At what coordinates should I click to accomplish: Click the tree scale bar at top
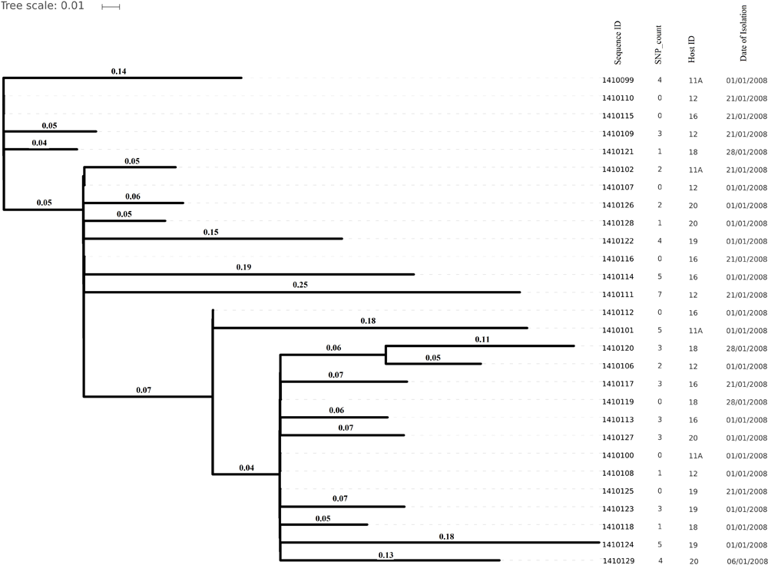click(x=111, y=7)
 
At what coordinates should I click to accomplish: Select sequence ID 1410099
click(x=617, y=80)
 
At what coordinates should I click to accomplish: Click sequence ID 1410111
click(x=617, y=295)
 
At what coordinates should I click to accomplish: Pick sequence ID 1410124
click(x=617, y=524)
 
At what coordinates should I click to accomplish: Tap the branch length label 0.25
click(x=300, y=285)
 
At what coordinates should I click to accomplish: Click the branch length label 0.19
click(x=244, y=267)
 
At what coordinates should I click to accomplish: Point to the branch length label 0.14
click(x=118, y=71)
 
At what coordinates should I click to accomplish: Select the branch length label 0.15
click(x=211, y=232)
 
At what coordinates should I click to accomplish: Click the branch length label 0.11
click(x=482, y=339)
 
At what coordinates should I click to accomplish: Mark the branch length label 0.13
click(x=386, y=533)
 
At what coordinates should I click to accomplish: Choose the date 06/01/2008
click(x=746, y=541)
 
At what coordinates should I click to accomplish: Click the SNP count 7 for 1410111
click(x=659, y=295)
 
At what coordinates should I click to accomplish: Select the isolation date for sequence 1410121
click(x=746, y=152)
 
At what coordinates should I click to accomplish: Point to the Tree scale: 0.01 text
click(x=42, y=7)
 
